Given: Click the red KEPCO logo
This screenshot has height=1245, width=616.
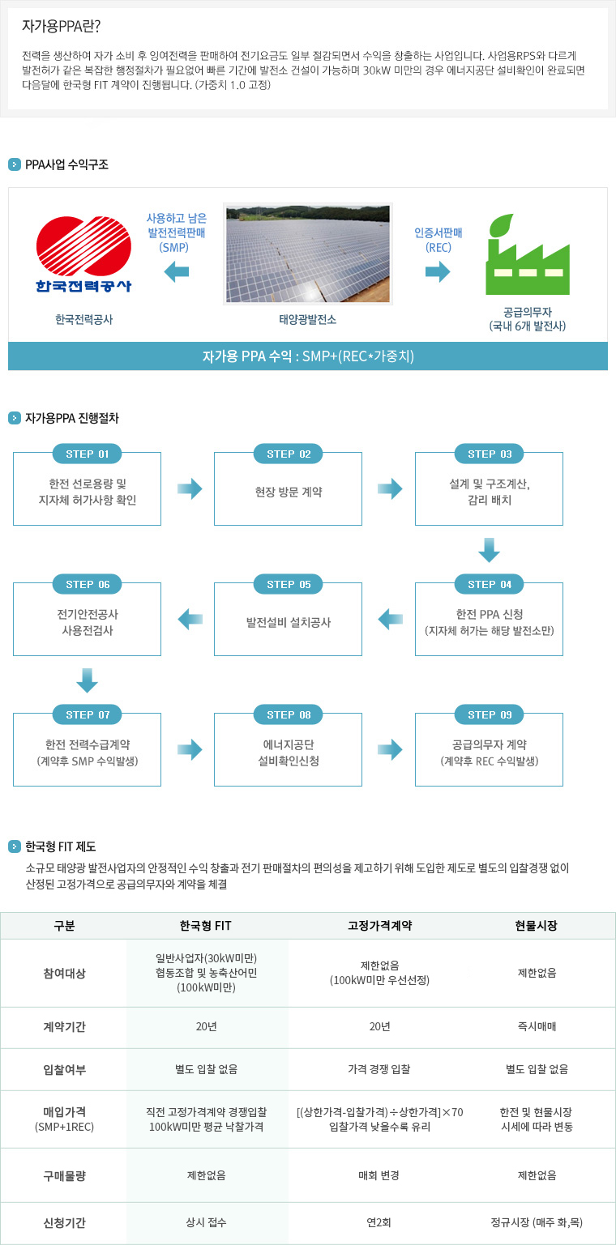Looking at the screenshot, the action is coord(84,254).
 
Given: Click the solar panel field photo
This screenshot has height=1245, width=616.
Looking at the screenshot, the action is coord(308,254).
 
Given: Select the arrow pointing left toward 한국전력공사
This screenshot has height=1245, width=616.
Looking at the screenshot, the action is coord(177,272).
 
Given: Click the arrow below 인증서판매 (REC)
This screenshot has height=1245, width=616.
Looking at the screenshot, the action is coord(438,272).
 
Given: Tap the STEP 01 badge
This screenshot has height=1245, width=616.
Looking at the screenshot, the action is coord(88,454).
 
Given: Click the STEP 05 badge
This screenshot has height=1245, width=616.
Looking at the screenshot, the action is coord(289,584).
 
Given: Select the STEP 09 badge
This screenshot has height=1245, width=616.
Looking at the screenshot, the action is coord(490,714).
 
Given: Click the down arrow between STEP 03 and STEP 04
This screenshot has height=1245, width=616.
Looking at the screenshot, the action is coord(490,550).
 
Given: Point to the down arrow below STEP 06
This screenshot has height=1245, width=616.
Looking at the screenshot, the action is coord(88,680).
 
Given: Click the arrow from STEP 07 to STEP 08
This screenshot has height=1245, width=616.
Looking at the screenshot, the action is coord(190,749).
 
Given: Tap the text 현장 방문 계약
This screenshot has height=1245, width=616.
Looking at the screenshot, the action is coord(289,492).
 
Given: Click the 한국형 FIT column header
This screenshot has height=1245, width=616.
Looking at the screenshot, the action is coord(205,925).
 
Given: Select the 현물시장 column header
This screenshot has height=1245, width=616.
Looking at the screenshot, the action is coord(536,925).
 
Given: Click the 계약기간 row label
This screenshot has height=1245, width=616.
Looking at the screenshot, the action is coord(65,1026).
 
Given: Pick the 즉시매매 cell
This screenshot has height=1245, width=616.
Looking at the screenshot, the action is coord(537,1026).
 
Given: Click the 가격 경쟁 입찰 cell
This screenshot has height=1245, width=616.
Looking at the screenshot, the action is coord(379,1068).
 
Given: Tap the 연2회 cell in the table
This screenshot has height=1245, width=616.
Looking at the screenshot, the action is coord(379,1222).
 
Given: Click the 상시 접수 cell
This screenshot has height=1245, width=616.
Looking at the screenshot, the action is coord(206,1222).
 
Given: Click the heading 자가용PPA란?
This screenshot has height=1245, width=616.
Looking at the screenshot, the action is coord(61,26).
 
